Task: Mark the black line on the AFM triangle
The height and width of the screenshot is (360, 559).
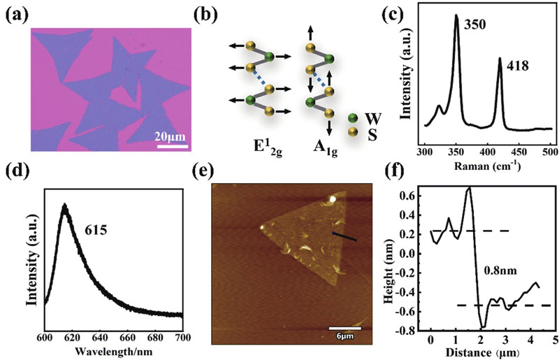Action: click(344, 237)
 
